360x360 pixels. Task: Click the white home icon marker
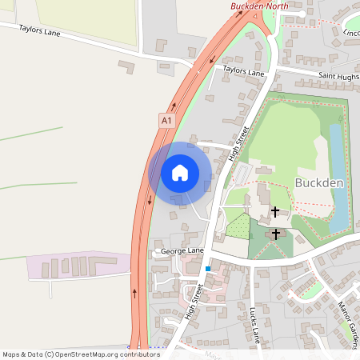click(x=180, y=173)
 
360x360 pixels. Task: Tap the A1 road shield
click(x=166, y=121)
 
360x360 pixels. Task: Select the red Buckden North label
click(x=259, y=6)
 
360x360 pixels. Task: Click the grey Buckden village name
click(x=318, y=182)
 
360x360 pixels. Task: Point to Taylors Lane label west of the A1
click(x=39, y=32)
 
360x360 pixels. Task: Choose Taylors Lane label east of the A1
click(x=243, y=72)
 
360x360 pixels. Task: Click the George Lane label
click(x=182, y=251)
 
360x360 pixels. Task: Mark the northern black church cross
click(x=276, y=212)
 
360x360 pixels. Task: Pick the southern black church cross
click(x=277, y=234)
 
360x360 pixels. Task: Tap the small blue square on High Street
click(x=208, y=269)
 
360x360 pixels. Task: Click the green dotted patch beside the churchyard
click(x=238, y=226)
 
